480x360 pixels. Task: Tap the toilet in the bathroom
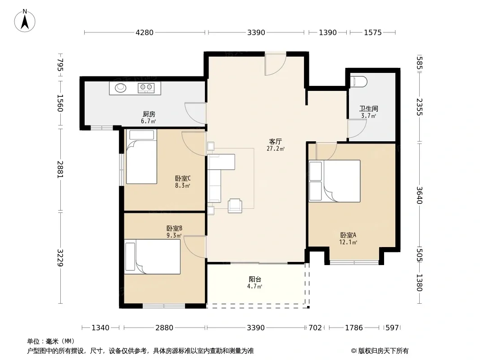pyautogui.click(x=358, y=81)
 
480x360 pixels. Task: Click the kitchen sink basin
pyautogui.click(x=121, y=88)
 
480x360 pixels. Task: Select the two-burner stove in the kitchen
pyautogui.click(x=146, y=88)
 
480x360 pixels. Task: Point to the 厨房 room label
pyautogui.click(x=149, y=114)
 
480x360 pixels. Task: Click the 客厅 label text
pyautogui.click(x=275, y=142)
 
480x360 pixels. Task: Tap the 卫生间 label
pyautogui.click(x=369, y=108)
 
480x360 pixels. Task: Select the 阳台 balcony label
pyautogui.click(x=255, y=279)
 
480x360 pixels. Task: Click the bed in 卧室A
pyautogui.click(x=335, y=181)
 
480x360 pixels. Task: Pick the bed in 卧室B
pyautogui.click(x=153, y=256)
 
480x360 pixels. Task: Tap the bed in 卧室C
pyautogui.click(x=141, y=157)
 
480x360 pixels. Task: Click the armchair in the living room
pyautogui.click(x=235, y=206)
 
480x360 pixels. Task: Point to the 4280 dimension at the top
pyautogui.click(x=145, y=32)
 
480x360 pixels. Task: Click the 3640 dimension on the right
pyautogui.click(x=419, y=195)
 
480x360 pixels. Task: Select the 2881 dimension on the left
pyautogui.click(x=60, y=169)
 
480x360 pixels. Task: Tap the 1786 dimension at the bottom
pyautogui.click(x=354, y=328)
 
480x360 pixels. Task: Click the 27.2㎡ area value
pyautogui.click(x=276, y=149)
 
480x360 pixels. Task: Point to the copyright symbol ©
pyautogui.click(x=353, y=351)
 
